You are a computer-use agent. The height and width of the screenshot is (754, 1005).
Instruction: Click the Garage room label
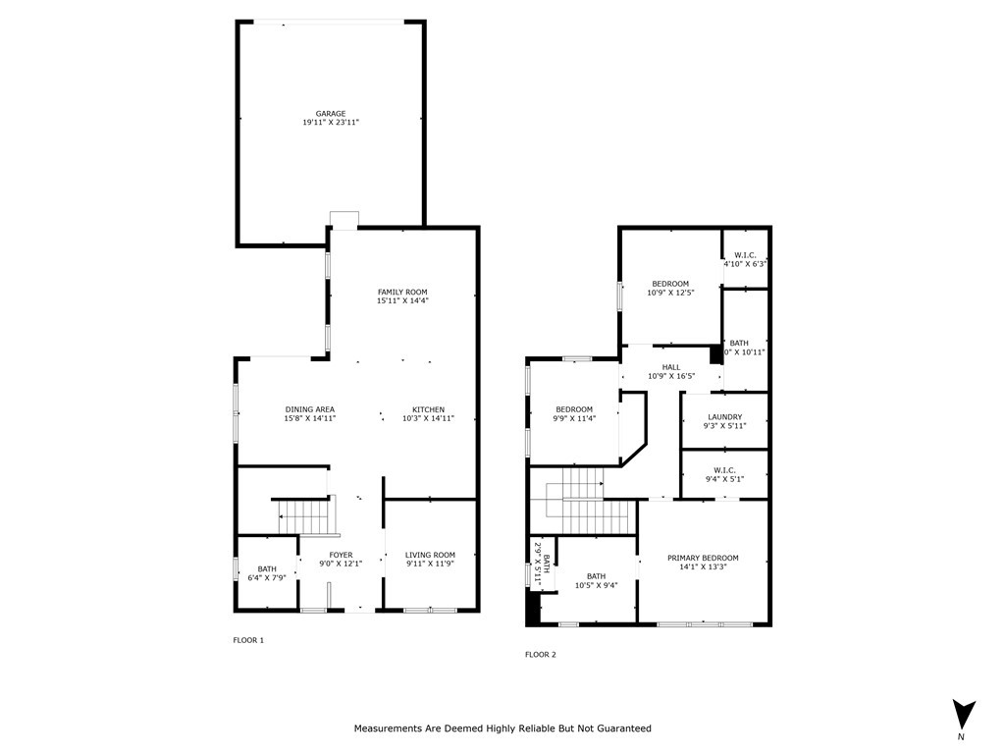(331, 114)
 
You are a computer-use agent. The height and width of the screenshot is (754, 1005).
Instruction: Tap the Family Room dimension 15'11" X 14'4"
(402, 301)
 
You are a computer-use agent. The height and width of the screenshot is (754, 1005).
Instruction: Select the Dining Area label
(310, 409)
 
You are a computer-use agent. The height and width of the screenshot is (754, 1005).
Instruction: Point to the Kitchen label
(428, 409)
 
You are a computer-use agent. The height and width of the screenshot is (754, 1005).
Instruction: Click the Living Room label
(430, 555)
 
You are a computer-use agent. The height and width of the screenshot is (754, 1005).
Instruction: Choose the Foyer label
(341, 555)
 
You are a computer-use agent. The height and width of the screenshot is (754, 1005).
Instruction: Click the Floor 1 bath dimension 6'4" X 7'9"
(267, 578)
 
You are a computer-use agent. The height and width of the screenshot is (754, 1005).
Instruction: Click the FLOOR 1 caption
(248, 640)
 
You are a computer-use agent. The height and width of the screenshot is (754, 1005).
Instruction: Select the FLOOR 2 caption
(541, 654)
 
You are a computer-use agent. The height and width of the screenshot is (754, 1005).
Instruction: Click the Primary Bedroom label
(703, 558)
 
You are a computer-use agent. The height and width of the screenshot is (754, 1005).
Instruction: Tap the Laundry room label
(724, 416)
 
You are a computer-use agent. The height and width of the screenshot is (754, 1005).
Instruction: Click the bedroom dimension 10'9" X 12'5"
(670, 293)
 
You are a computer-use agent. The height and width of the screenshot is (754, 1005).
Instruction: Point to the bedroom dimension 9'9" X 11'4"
(574, 418)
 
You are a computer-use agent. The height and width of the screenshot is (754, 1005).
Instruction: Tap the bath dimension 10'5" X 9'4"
(596, 586)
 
